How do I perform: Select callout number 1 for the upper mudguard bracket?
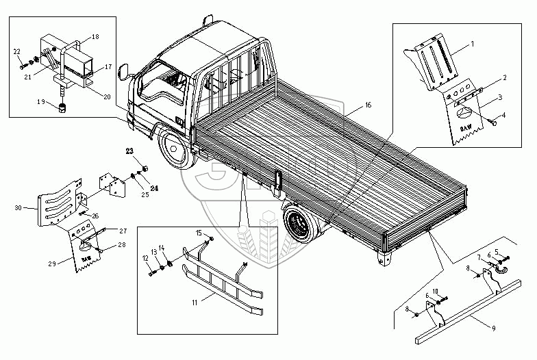[x=472, y=43]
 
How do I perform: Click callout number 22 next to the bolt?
[x=16, y=51]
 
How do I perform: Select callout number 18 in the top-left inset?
[x=95, y=36]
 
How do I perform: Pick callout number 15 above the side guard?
[x=198, y=233]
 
